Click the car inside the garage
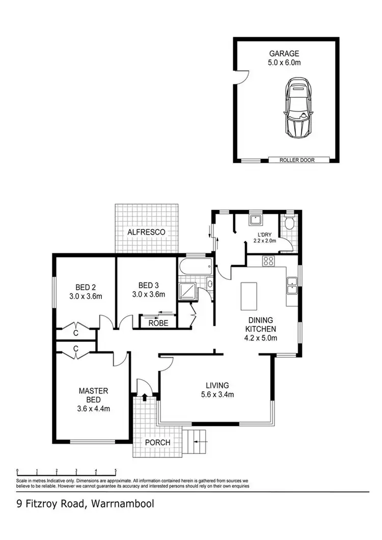(x=297, y=108)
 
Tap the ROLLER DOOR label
(x=297, y=160)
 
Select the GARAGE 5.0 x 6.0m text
(x=285, y=57)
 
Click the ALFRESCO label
(x=147, y=232)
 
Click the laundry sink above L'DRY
(x=255, y=221)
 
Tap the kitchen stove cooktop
(x=268, y=262)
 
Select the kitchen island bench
(x=249, y=296)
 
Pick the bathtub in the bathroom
(x=195, y=266)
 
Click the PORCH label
(x=157, y=442)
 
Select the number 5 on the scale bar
(x=116, y=471)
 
